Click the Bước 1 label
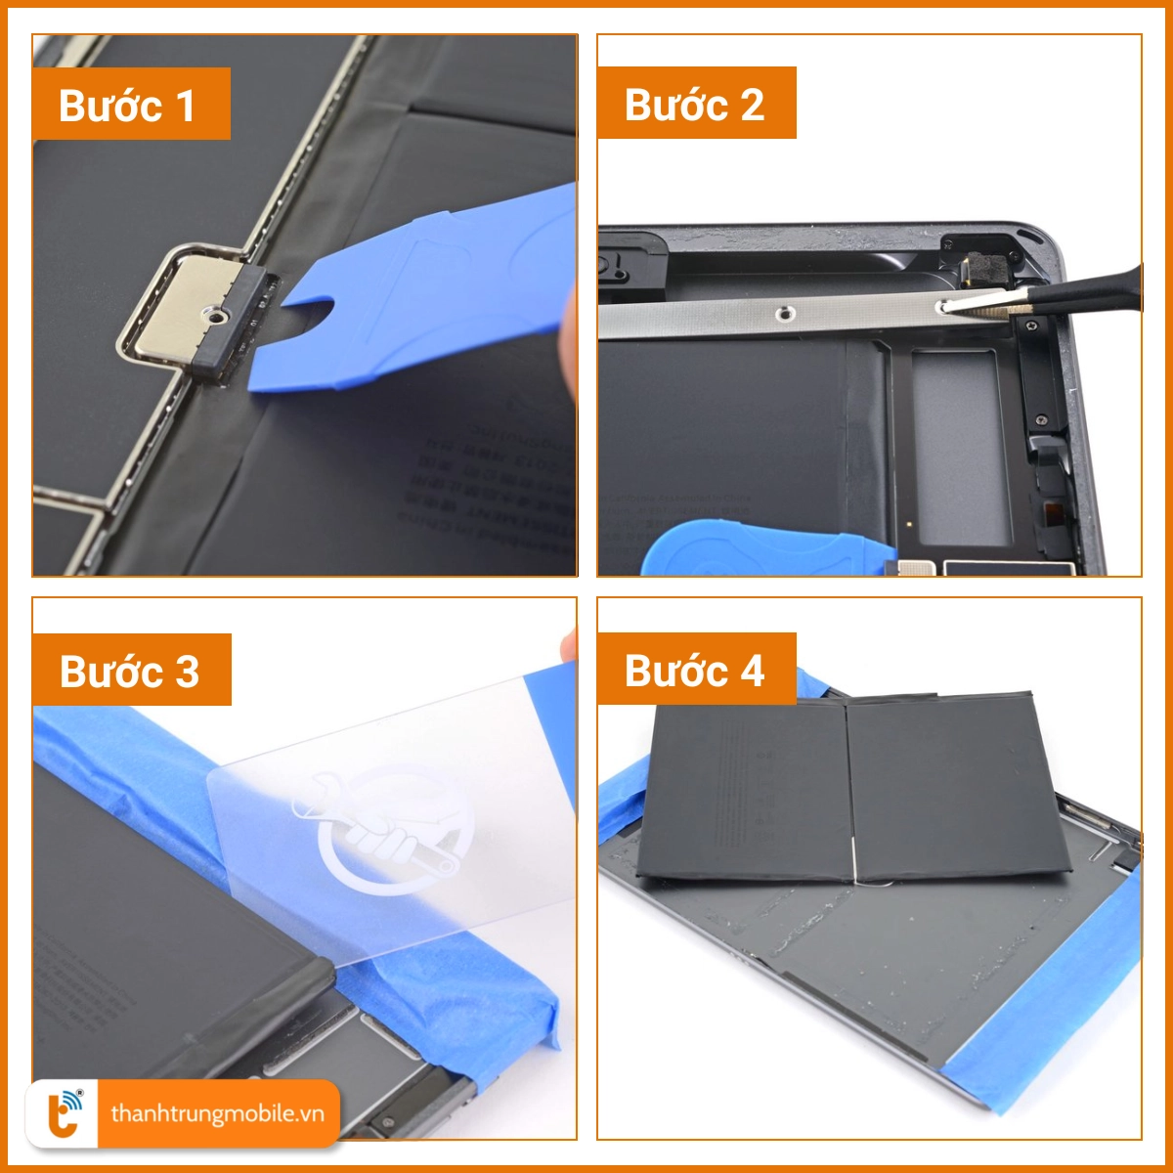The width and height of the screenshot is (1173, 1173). point(130,104)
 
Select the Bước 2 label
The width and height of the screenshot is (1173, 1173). point(695,103)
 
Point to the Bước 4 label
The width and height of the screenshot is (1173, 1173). point(695,670)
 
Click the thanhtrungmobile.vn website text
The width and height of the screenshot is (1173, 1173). point(216,1113)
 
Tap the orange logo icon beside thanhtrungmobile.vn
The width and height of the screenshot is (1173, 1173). point(65,1113)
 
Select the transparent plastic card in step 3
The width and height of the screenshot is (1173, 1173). point(411,811)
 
